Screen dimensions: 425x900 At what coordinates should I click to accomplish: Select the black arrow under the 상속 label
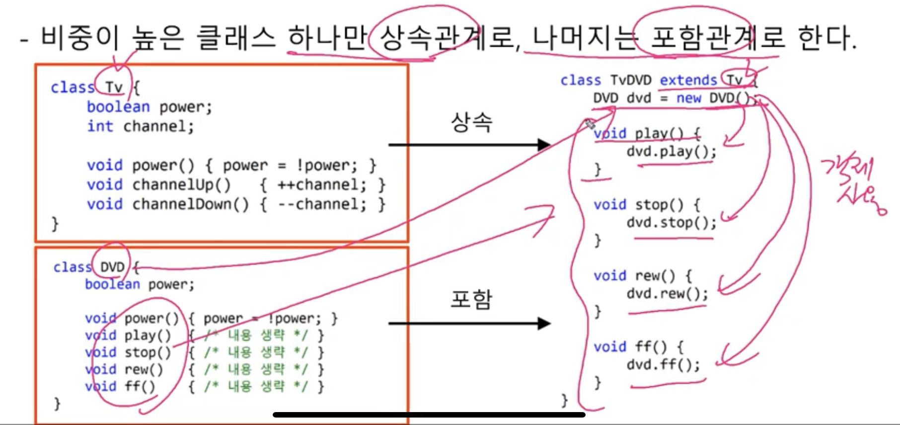(x=469, y=145)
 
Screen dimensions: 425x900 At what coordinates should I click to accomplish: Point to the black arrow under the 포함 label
(x=469, y=324)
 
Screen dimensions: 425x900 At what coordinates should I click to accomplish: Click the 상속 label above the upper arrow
(x=471, y=122)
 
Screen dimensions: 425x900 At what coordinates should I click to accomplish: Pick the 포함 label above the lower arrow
(x=471, y=299)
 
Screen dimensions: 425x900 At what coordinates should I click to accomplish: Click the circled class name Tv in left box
(x=114, y=87)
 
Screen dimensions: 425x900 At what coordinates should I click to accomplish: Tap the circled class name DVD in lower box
(x=112, y=267)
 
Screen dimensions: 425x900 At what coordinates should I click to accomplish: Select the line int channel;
(x=140, y=126)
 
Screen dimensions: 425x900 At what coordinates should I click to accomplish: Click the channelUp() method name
(x=181, y=185)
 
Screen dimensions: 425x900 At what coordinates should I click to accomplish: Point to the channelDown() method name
(x=190, y=204)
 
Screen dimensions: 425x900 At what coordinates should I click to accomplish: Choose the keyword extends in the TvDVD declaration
(x=688, y=80)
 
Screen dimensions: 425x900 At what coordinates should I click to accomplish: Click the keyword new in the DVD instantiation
(x=688, y=98)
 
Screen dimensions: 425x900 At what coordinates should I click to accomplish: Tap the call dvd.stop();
(x=671, y=222)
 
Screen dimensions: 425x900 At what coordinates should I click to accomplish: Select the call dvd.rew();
(x=667, y=293)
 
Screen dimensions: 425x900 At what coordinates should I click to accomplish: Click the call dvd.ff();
(x=663, y=364)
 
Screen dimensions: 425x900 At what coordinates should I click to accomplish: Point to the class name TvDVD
(x=631, y=80)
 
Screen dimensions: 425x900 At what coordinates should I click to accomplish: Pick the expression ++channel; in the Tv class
(x=322, y=185)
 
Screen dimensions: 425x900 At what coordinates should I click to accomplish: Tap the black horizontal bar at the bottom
(x=429, y=414)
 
